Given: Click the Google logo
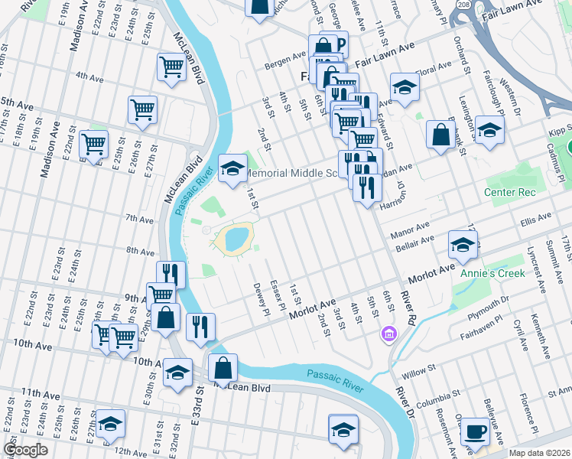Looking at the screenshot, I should (x=25, y=450).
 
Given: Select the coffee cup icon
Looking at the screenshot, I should (x=476, y=431).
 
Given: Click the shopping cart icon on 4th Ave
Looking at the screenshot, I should (x=171, y=67).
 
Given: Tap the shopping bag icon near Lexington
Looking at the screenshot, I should (x=441, y=135).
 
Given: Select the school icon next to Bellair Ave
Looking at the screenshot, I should (x=463, y=245).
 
